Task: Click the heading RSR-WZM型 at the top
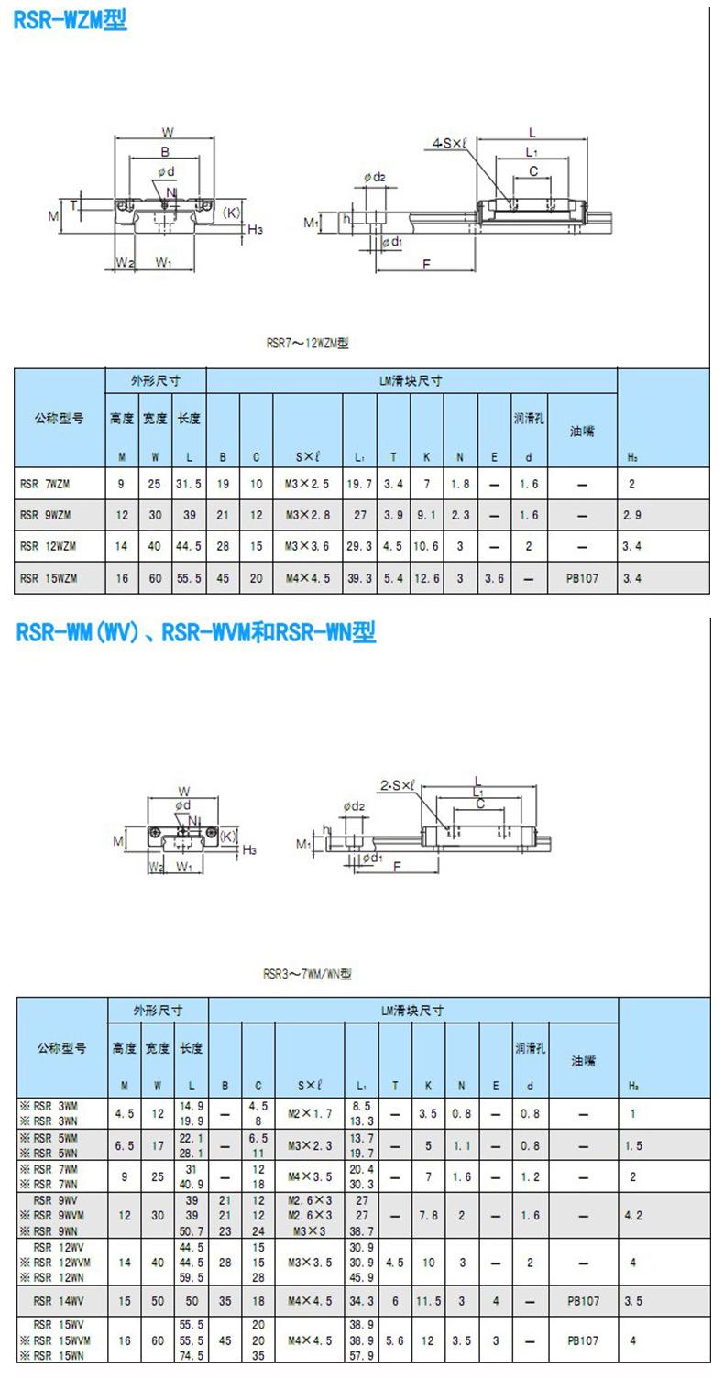(x=70, y=19)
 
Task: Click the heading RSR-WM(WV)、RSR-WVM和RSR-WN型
(x=196, y=632)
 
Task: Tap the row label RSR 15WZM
(x=48, y=578)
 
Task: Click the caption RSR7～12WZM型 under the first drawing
(x=308, y=344)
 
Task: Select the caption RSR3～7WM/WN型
(x=308, y=974)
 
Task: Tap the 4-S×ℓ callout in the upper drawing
(x=450, y=143)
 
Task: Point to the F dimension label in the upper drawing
(x=426, y=264)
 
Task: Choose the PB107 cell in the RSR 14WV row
(x=583, y=1300)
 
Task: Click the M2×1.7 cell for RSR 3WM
(x=308, y=1113)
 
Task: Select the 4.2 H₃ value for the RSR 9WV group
(x=632, y=1215)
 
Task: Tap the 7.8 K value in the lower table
(x=428, y=1215)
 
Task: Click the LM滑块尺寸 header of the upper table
(x=411, y=380)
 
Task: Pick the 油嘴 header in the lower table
(x=584, y=1061)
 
